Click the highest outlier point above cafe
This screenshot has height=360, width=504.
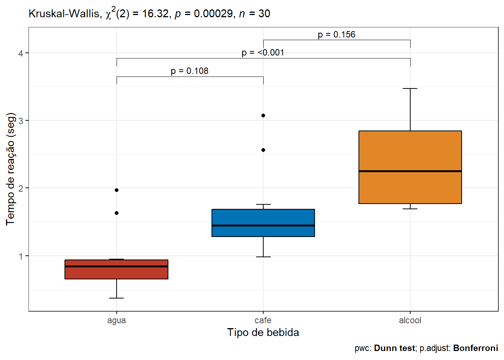(x=263, y=115)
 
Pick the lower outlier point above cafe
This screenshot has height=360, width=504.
(x=263, y=150)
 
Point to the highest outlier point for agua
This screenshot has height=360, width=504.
(x=117, y=190)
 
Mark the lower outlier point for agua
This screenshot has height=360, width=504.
(x=117, y=213)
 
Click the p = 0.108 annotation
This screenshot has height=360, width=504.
(x=189, y=71)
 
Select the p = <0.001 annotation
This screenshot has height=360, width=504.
(x=263, y=52)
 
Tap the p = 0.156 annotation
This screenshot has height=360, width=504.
(x=336, y=34)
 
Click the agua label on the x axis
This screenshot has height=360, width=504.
(x=116, y=320)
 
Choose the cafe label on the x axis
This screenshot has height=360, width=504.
(x=263, y=320)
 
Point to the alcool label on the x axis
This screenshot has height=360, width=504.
(x=410, y=320)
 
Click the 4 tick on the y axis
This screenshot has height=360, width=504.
(x=21, y=53)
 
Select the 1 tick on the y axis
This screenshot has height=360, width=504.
(x=21, y=256)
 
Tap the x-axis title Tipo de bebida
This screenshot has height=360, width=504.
(x=263, y=333)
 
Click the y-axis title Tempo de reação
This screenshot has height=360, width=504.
(x=10, y=169)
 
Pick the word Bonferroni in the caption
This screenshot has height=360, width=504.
(x=475, y=348)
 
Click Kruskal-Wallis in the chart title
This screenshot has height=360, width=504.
(x=64, y=14)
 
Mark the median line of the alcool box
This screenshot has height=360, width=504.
(x=410, y=171)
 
